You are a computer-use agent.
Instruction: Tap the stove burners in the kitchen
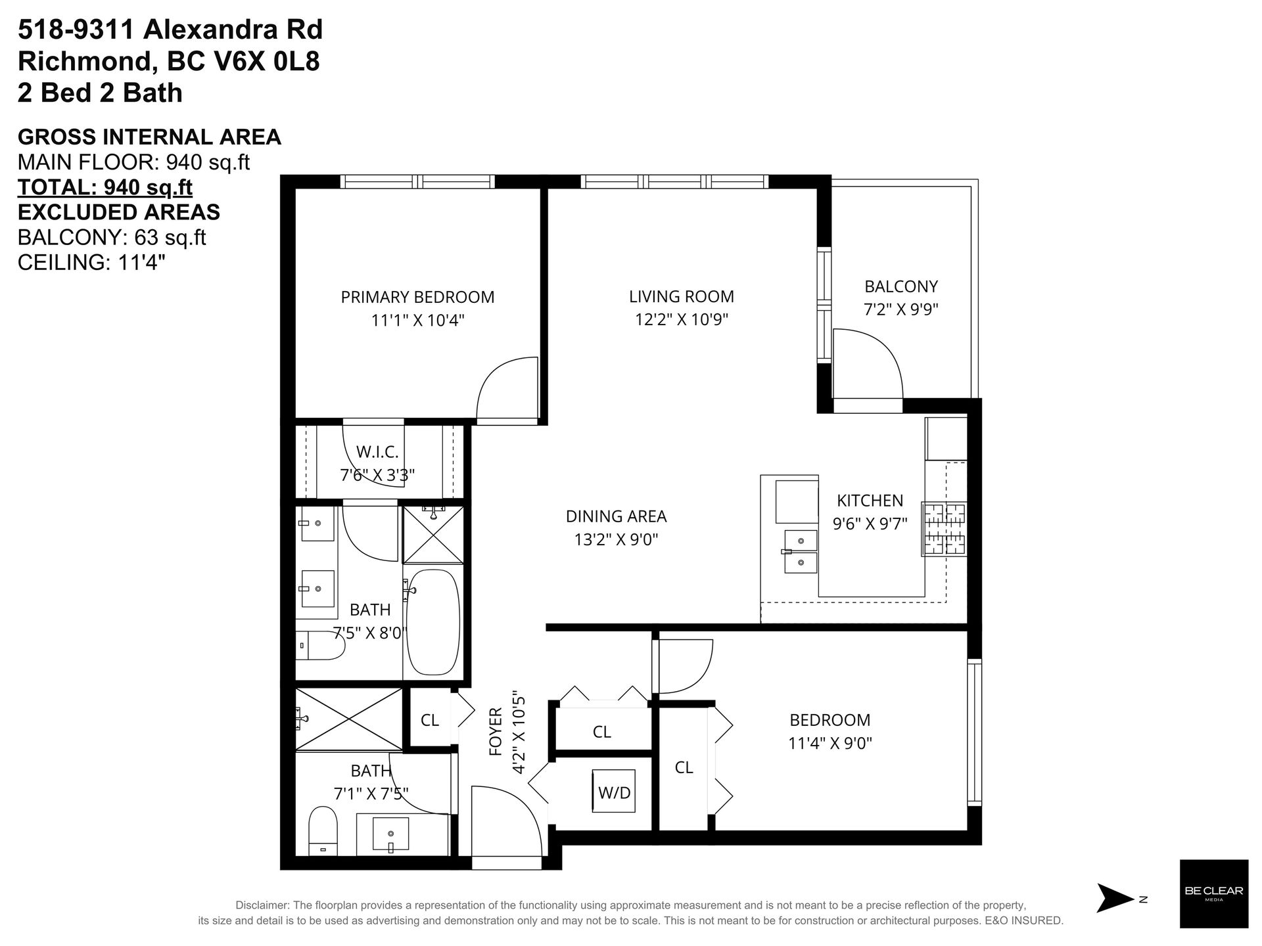(x=945, y=529)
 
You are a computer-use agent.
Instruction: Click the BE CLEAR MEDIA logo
(x=1213, y=893)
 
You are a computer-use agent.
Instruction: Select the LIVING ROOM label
(x=681, y=296)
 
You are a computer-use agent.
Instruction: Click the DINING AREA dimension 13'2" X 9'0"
(x=616, y=539)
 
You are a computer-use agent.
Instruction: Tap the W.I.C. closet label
(x=377, y=452)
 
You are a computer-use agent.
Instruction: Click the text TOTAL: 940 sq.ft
(x=105, y=187)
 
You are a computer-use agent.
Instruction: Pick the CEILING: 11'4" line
(x=91, y=262)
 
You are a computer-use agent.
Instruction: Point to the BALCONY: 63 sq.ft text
(x=112, y=237)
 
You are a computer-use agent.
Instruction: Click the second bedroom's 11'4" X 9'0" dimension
(x=830, y=743)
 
